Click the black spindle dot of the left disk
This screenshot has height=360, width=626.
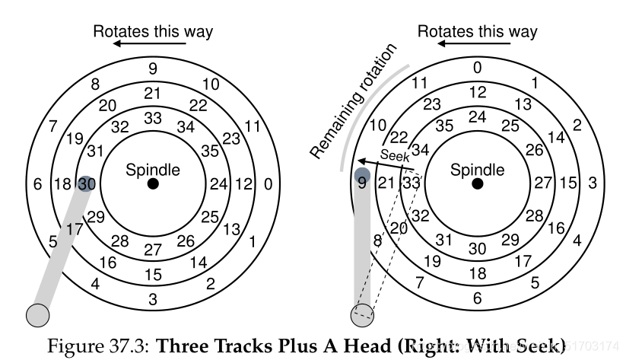153,183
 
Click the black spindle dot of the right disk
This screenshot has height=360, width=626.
478,183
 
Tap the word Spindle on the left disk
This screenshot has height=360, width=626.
153,169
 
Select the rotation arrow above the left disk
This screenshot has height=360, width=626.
138,45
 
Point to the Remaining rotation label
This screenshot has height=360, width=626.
354,102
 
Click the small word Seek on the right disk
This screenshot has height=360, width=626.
395,155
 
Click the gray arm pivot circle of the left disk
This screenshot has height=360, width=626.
37,314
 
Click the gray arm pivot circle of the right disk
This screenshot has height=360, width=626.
362,314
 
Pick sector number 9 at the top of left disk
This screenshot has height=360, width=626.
153,68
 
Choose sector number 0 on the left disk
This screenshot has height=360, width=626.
267,183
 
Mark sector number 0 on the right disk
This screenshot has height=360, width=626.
477,68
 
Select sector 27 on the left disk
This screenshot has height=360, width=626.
153,249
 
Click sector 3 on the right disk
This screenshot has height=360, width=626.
592,183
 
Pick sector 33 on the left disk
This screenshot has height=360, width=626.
153,118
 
